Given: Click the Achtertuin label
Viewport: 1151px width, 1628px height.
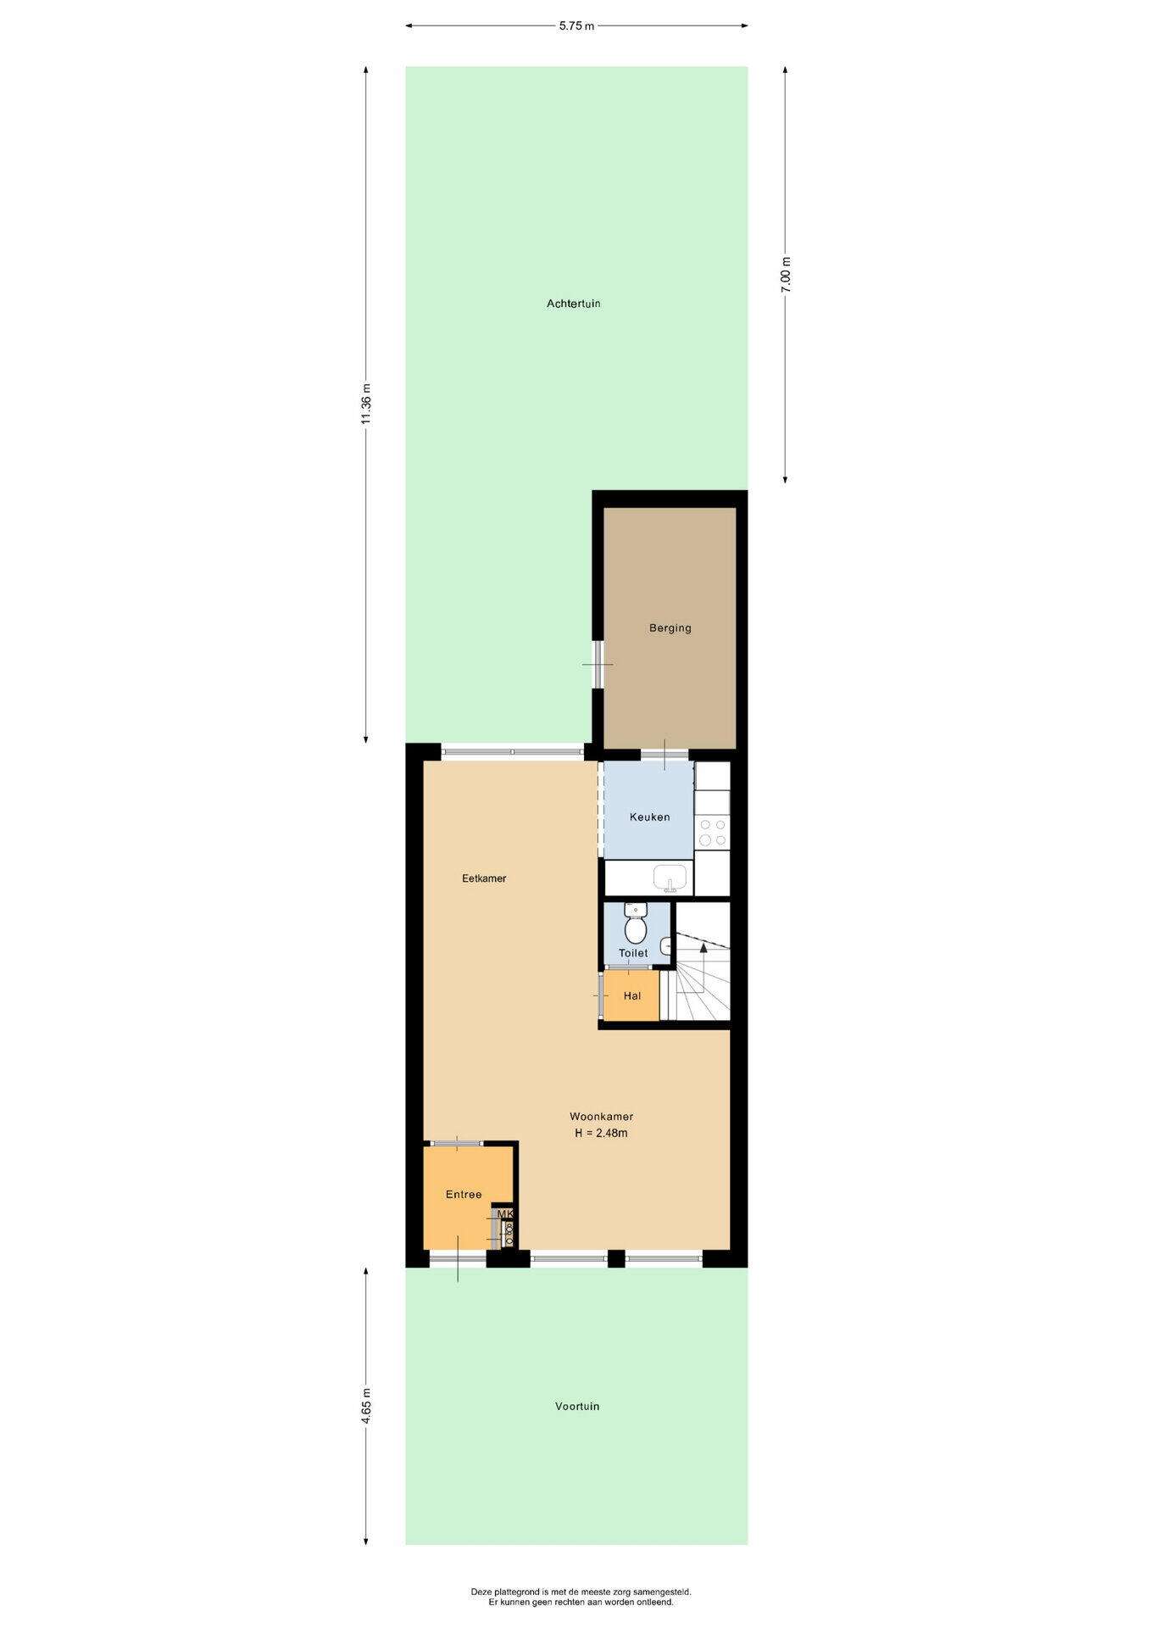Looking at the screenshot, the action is (x=573, y=304).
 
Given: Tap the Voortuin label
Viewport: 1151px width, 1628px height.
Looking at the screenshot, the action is (x=577, y=1406).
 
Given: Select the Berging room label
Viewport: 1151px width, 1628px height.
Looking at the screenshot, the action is (x=670, y=628).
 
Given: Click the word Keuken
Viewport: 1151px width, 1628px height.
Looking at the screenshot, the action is (x=649, y=817).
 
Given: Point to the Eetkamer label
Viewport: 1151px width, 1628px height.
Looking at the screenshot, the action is (x=484, y=878).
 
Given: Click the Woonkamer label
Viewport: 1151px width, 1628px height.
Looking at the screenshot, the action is (x=601, y=1117).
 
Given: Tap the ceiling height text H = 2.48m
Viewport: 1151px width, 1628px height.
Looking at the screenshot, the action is (x=601, y=1133).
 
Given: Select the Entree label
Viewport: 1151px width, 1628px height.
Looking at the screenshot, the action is (x=464, y=1195).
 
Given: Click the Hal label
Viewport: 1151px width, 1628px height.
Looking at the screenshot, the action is (x=632, y=996).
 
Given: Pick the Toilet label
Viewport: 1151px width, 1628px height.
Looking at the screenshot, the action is (x=633, y=953).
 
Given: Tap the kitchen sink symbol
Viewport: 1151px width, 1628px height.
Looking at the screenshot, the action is (x=670, y=878).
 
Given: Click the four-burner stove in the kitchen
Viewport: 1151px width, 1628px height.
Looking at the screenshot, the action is (x=712, y=832).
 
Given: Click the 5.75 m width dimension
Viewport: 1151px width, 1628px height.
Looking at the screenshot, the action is (x=576, y=26).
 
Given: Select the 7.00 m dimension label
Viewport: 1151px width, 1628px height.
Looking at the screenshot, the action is (x=786, y=275).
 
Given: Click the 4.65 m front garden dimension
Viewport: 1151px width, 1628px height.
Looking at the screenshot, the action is (x=365, y=1406).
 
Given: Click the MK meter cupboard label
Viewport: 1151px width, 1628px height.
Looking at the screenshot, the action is (x=505, y=1214).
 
